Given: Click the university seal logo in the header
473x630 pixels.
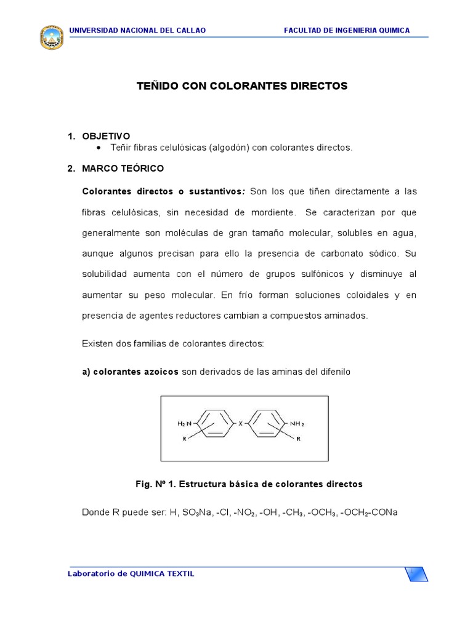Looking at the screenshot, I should coord(51,38).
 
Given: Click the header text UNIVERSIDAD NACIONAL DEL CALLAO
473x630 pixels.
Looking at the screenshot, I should coord(137,31).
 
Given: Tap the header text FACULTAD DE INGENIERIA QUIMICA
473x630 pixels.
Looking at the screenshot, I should coord(347,31).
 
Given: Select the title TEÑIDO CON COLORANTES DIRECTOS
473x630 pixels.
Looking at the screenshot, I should coord(242,86).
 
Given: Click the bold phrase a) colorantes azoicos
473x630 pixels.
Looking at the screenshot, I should coord(131,372).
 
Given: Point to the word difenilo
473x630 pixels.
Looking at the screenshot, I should coord(331,372).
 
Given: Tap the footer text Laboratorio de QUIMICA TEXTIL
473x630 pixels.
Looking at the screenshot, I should coord(131,573).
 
